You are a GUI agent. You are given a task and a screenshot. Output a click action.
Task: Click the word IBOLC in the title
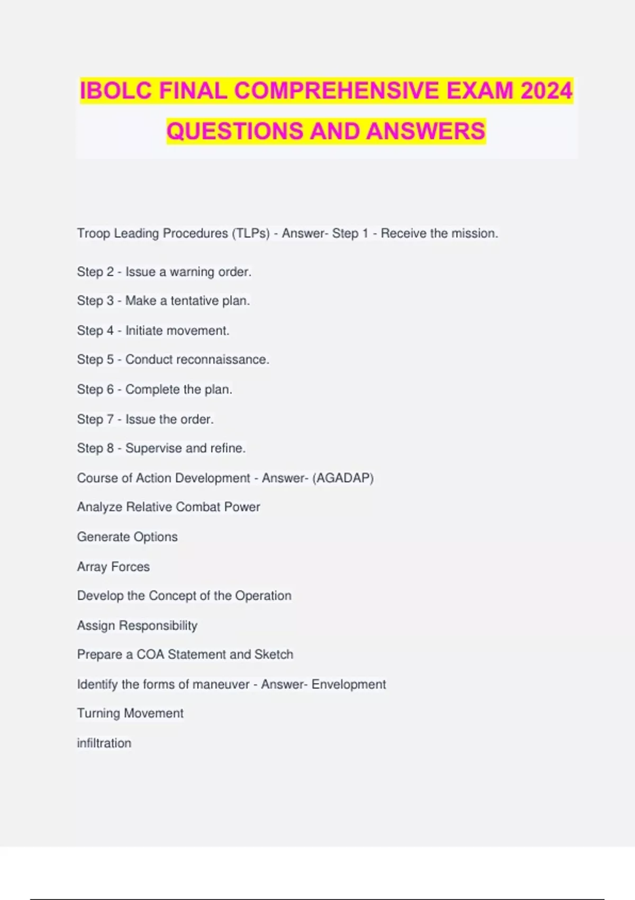click(116, 91)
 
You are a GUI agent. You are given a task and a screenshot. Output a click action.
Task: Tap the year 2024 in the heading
click(546, 91)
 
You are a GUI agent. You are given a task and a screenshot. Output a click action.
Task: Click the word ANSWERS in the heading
click(425, 131)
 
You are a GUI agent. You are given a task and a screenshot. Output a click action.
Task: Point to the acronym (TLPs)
click(251, 233)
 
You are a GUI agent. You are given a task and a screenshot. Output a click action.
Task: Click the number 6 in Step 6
click(110, 390)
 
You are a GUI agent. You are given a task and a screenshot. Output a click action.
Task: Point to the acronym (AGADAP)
click(343, 478)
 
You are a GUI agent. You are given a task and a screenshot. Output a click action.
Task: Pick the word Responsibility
click(158, 626)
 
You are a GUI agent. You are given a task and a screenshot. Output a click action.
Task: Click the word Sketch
click(274, 654)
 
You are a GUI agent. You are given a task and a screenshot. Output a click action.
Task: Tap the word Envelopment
click(349, 685)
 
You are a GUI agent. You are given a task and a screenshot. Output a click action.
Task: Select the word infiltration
click(104, 743)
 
